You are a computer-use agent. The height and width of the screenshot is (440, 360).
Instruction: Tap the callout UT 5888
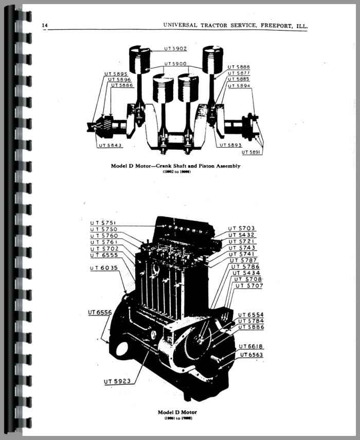239,67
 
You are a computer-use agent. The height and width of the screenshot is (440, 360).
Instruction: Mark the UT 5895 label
118,74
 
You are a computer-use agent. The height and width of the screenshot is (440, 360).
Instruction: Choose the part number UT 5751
103,222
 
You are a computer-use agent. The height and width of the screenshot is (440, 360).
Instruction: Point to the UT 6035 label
103,268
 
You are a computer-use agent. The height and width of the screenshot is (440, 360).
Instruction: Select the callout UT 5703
242,228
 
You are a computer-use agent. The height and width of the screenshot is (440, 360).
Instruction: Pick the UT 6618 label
250,346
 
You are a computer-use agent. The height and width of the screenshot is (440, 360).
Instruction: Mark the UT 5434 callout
245,272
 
